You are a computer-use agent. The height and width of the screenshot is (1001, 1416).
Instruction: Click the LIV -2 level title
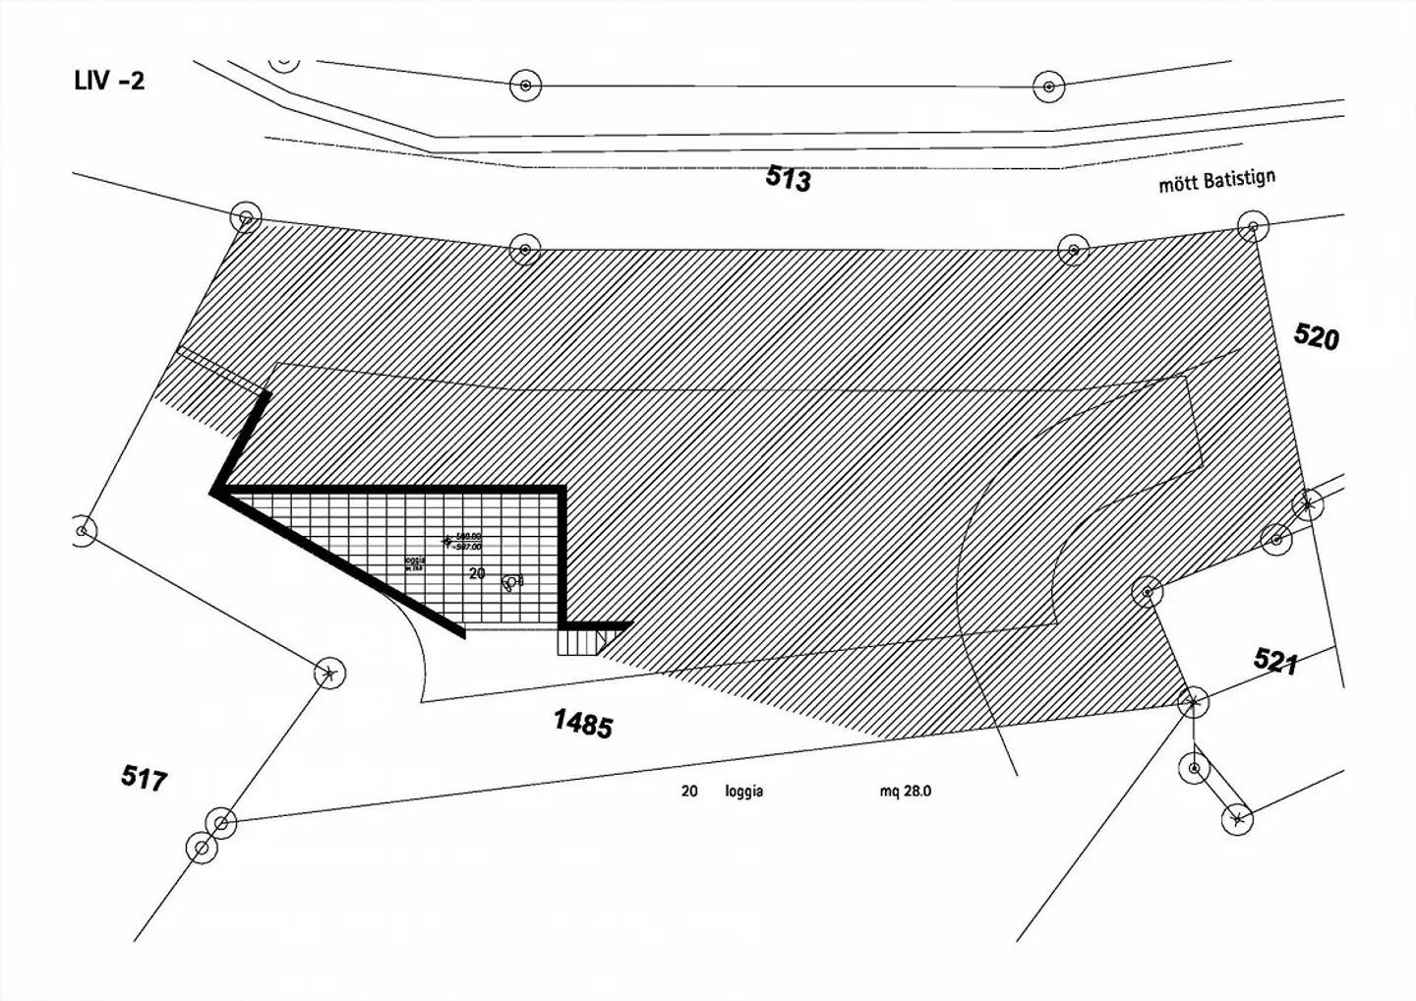pos(109,81)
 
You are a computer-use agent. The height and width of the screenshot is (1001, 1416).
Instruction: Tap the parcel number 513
pos(788,178)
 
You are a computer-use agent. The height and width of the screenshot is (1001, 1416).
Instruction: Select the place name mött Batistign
pos(1216,181)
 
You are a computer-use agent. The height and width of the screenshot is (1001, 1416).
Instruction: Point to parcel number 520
pos(1316,336)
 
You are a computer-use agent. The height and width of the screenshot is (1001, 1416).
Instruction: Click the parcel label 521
pos(1275,661)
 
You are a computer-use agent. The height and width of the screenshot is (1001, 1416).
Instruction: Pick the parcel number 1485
pos(583,724)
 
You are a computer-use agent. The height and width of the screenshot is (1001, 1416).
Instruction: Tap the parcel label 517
pos(144,778)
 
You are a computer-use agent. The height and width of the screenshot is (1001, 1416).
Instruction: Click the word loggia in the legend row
pos(743,792)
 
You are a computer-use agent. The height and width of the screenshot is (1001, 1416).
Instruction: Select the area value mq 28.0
pos(906,792)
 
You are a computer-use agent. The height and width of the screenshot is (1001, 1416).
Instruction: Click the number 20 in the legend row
pos(689,792)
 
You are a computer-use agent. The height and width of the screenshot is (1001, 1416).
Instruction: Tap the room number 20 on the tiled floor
pos(477,573)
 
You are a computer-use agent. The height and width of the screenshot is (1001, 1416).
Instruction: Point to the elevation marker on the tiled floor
pos(447,540)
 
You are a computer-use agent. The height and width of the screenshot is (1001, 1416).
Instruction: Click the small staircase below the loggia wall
pos(580,642)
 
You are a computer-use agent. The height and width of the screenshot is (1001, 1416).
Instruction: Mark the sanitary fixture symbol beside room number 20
pos(510,583)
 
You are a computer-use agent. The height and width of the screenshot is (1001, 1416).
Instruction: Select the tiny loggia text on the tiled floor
pos(415,563)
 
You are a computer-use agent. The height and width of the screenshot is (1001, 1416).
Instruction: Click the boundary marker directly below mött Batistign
pos(1252,227)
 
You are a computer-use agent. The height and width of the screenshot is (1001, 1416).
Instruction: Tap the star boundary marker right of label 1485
pos(1193,702)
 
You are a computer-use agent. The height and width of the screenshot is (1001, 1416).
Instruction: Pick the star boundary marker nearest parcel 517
pos(329,674)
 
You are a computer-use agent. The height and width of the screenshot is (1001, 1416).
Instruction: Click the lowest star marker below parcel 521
pos(1237,818)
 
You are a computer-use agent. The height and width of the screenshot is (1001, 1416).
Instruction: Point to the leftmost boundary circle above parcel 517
pos(84,531)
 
